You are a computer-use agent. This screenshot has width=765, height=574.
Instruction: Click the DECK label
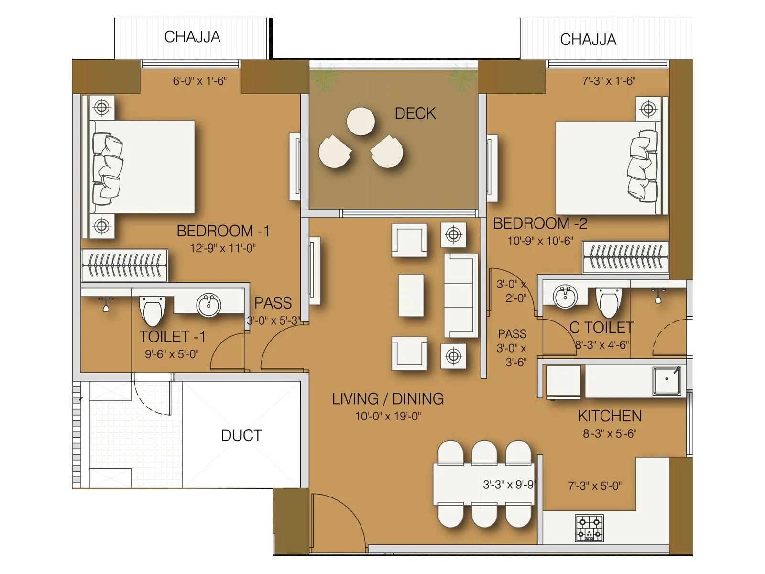click(x=415, y=113)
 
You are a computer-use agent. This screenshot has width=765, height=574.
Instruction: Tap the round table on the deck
click(x=361, y=121)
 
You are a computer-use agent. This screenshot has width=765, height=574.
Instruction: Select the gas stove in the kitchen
click(x=589, y=528)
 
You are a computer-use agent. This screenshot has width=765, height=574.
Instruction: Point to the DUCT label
click(x=241, y=435)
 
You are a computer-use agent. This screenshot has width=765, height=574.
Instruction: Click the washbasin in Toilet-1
click(x=209, y=305)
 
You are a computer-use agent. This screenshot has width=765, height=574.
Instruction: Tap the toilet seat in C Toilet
click(x=610, y=303)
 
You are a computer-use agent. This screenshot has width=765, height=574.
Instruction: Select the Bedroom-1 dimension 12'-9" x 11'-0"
click(x=223, y=248)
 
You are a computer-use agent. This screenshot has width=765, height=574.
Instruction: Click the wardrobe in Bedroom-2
click(x=625, y=257)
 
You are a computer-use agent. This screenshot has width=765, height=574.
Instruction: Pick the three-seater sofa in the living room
click(x=460, y=296)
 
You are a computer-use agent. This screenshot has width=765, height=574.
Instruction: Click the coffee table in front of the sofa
click(x=411, y=295)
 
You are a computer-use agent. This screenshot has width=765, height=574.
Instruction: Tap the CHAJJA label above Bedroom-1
click(x=192, y=37)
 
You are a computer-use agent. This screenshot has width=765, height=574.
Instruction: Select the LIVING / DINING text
click(x=388, y=399)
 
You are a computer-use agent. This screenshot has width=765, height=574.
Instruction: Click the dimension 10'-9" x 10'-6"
click(x=540, y=241)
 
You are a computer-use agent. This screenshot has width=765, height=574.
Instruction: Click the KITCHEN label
click(x=610, y=416)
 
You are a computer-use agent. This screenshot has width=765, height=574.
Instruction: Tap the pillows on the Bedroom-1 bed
click(x=107, y=166)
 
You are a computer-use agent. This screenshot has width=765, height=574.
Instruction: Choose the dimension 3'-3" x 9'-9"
click(x=508, y=485)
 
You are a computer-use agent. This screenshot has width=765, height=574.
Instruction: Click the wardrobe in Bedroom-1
click(x=124, y=265)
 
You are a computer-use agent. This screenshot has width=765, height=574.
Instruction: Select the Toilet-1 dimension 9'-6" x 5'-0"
click(x=172, y=354)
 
